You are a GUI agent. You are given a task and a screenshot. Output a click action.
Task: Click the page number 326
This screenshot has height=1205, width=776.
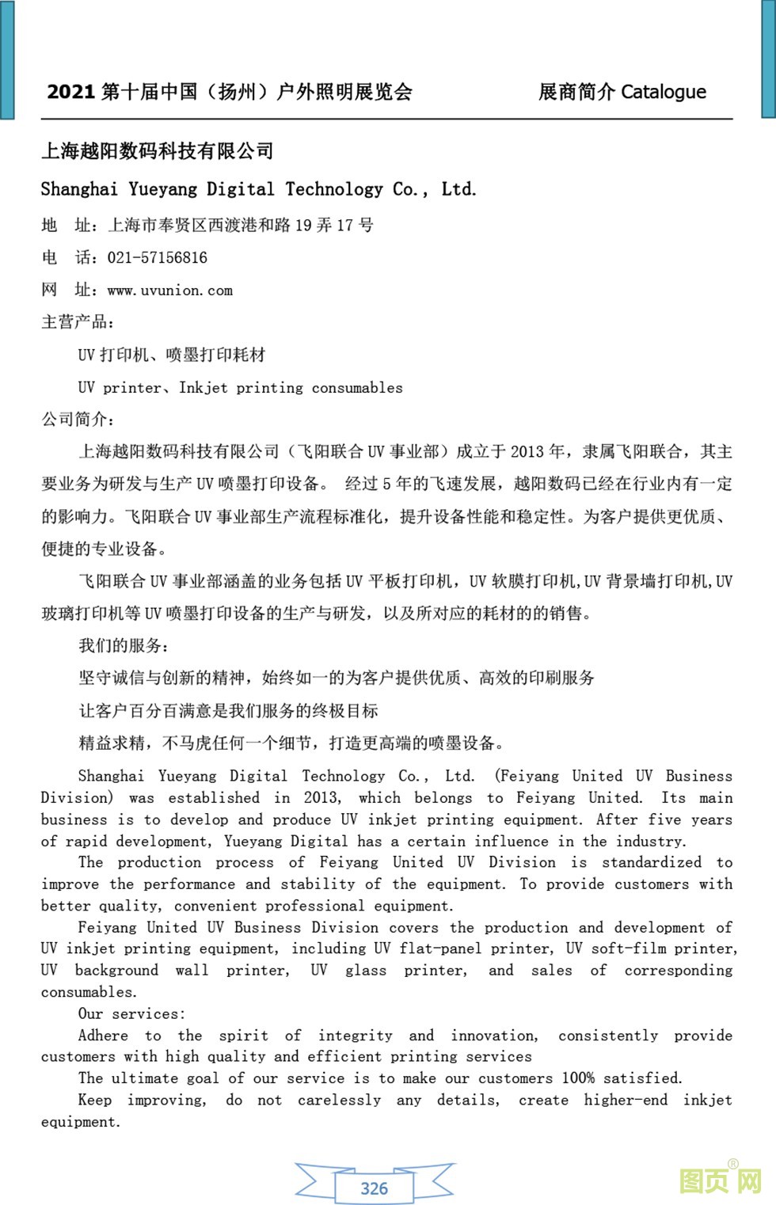(374, 1188)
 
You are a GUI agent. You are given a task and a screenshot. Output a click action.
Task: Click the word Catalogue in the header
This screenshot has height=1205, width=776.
(663, 92)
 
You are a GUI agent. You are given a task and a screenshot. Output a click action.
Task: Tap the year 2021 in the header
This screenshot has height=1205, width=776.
(70, 92)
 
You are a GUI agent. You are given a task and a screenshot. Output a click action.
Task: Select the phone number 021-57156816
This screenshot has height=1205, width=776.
(157, 258)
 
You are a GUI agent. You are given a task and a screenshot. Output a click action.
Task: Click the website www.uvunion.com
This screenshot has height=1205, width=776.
(169, 291)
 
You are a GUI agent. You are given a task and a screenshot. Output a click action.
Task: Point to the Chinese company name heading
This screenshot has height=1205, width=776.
(157, 150)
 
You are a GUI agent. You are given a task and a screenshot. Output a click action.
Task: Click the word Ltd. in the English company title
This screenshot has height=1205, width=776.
(458, 189)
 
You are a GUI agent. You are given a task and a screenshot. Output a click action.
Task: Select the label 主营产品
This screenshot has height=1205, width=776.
(77, 322)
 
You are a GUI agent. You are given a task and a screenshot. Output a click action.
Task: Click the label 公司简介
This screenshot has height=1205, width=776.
(77, 419)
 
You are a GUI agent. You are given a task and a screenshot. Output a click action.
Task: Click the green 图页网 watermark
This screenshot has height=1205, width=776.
(720, 1180)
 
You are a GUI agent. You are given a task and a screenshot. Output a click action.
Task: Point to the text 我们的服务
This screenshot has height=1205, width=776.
(123, 645)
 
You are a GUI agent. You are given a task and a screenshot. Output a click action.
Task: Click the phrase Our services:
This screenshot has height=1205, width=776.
(131, 1013)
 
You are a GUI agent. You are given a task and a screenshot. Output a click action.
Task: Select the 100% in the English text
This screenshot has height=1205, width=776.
(578, 1078)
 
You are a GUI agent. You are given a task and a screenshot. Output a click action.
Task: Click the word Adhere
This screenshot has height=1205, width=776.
(103, 1036)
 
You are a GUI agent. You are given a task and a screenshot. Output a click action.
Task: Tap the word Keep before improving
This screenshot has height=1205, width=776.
(95, 1100)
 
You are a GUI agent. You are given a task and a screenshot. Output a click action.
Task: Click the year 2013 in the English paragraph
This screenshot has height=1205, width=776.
(321, 797)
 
